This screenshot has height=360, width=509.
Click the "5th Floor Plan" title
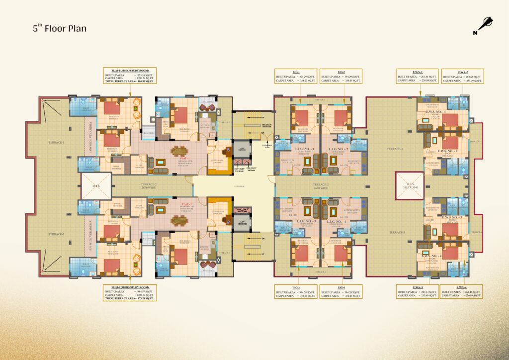[60, 28]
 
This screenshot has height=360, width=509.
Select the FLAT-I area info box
[129, 78]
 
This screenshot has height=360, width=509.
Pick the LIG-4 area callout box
[340, 292]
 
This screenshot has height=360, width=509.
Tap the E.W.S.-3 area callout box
[417, 292]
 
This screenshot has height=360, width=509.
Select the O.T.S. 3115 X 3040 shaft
[410, 185]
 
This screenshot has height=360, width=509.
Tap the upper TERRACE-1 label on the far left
[56, 143]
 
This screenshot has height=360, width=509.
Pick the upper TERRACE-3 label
[395, 149]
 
